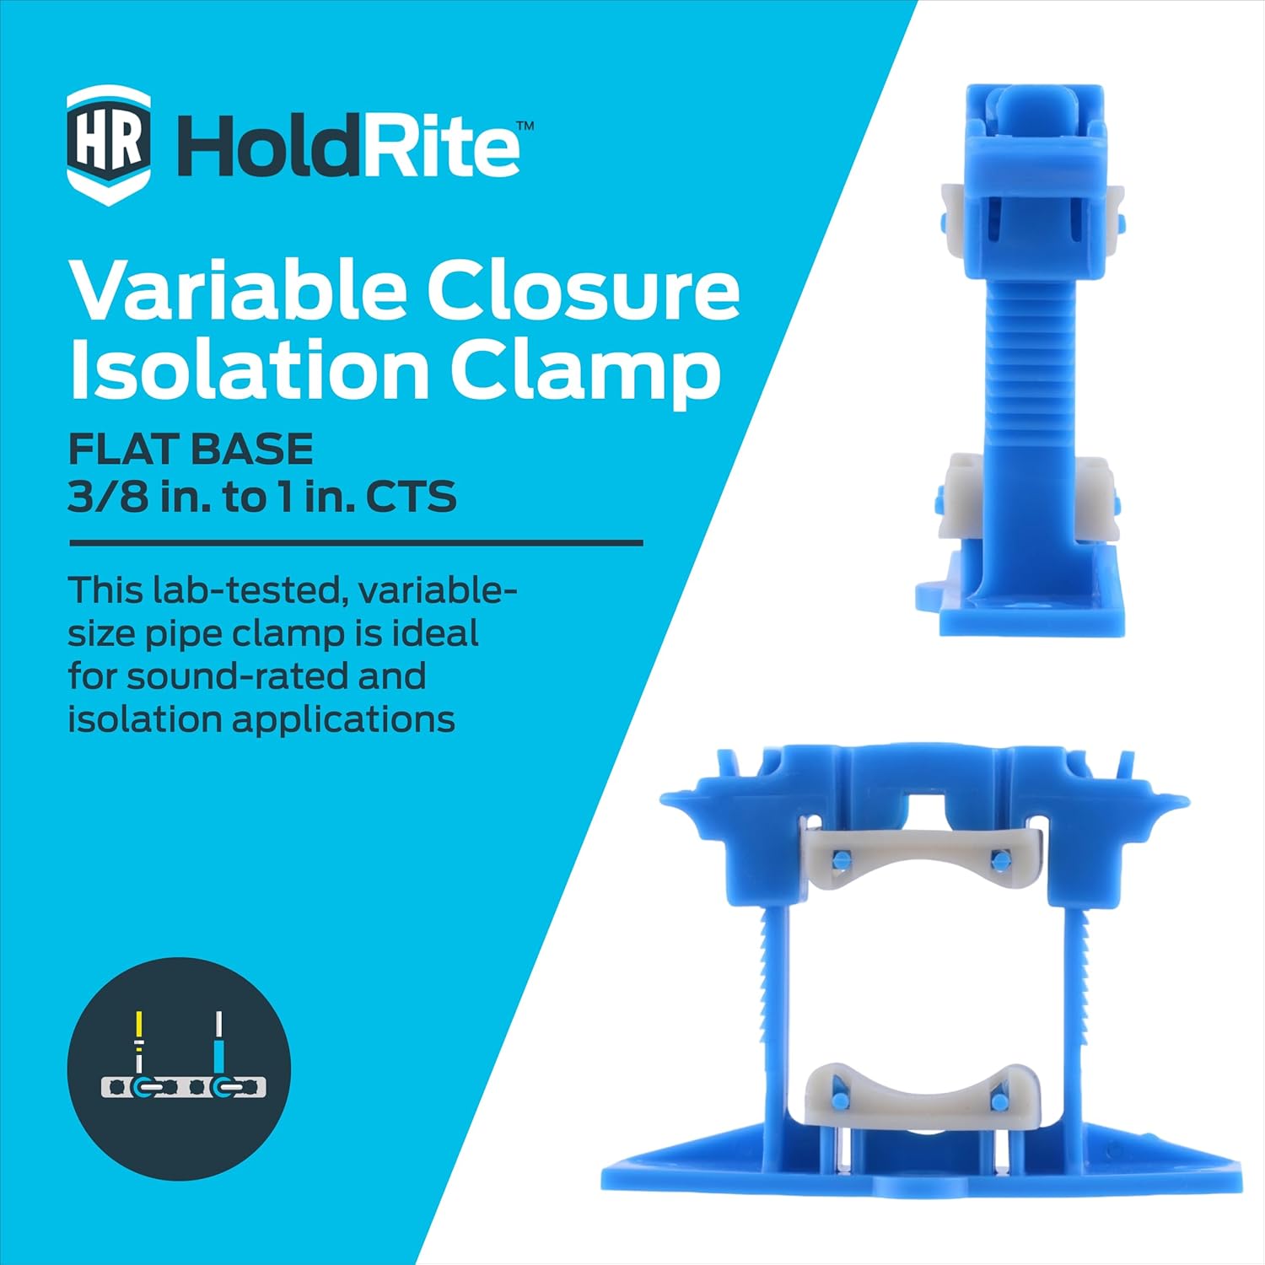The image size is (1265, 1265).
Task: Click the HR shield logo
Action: [x=109, y=145]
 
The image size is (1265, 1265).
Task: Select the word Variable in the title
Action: [x=237, y=290]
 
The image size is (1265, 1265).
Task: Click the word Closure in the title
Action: [x=583, y=290]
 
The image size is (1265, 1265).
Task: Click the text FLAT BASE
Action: [x=191, y=449]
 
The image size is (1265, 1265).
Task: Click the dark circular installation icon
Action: [x=179, y=1069]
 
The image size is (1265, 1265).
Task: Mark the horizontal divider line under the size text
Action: [x=355, y=544]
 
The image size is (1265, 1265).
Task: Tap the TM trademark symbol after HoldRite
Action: [x=525, y=126]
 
